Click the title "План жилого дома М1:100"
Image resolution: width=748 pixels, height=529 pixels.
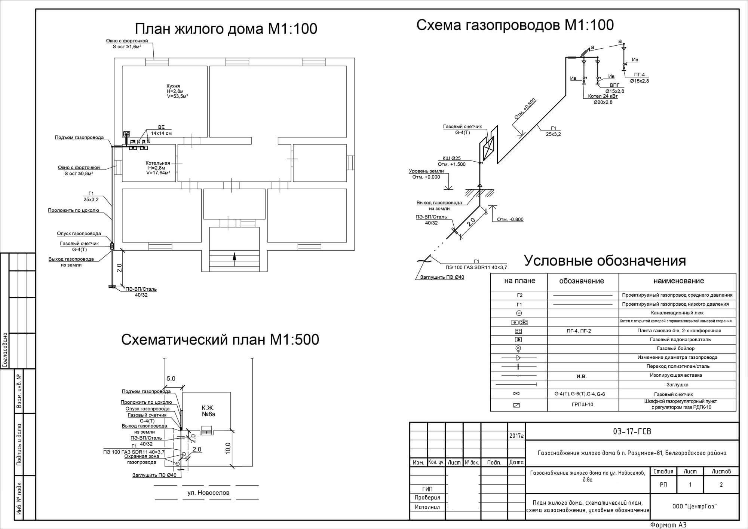[x=226, y=29]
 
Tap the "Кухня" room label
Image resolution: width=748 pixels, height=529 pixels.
[x=173, y=86]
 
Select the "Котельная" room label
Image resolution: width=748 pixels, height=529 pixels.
[x=157, y=163]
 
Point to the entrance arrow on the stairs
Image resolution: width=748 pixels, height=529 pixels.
[x=234, y=256]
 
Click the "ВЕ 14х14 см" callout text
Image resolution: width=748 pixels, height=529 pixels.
[x=161, y=130]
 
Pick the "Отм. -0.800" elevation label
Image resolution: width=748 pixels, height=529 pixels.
[x=510, y=220]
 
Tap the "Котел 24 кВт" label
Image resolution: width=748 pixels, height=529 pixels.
[x=603, y=97]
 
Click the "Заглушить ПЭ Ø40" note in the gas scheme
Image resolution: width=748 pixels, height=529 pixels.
[x=442, y=277]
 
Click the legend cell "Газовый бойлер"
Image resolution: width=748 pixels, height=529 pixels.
[x=675, y=348]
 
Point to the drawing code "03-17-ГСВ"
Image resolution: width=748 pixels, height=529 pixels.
[x=632, y=431]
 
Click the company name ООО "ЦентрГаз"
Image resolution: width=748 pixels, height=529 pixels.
[x=694, y=507]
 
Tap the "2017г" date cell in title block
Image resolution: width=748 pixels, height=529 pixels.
[x=516, y=436]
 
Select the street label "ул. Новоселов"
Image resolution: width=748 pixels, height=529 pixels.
[x=208, y=493]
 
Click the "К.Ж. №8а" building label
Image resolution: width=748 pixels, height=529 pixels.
[x=208, y=411]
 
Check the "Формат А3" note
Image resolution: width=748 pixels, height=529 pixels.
[x=668, y=525]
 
